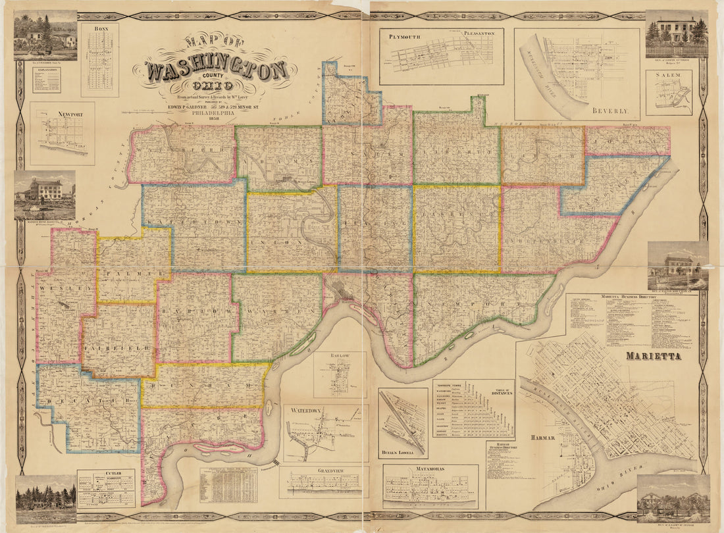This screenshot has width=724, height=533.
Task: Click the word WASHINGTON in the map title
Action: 217,70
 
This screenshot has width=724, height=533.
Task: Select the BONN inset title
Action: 100,29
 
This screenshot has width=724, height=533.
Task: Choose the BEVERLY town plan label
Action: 609,111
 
